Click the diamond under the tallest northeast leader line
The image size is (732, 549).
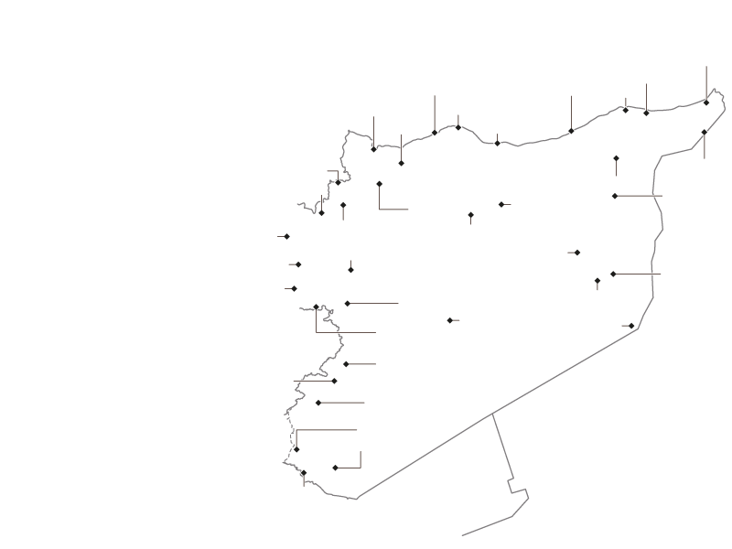[706, 102]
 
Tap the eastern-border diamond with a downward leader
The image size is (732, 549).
[704, 133]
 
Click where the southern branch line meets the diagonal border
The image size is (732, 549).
[493, 414]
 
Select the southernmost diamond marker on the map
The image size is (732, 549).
[335, 468]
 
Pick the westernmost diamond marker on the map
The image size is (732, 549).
[286, 237]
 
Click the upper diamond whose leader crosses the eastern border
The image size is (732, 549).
[614, 196]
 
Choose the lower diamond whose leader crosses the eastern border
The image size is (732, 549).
[613, 274]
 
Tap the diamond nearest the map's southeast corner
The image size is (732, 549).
[631, 326]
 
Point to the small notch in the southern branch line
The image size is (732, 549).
[511, 481]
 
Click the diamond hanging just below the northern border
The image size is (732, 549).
[401, 163]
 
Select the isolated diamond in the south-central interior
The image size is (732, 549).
[449, 320]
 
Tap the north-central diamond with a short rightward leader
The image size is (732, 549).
[501, 204]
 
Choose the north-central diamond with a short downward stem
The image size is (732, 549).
[470, 215]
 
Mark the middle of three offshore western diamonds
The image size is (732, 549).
[298, 264]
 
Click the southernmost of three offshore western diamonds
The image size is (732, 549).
[294, 288]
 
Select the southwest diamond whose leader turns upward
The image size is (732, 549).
[335, 468]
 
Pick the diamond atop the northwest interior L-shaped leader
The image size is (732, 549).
[379, 184]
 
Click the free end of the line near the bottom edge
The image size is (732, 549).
[463, 535]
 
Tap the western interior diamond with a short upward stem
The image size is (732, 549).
[350, 270]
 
